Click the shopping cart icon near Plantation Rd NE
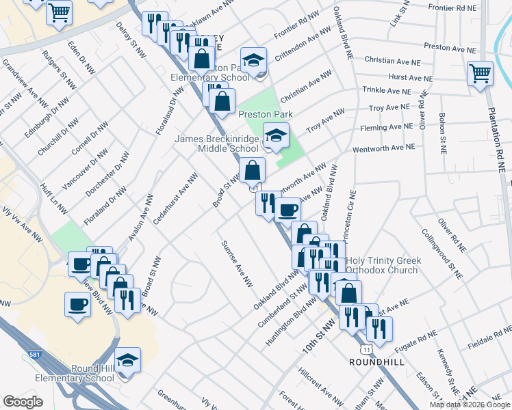tap(480, 72)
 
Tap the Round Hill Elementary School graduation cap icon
tap(128, 359)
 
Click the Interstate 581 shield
tap(34, 355)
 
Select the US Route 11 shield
tap(368, 349)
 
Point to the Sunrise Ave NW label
tap(236, 264)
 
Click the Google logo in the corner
tap(23, 402)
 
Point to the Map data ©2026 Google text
tap(470, 404)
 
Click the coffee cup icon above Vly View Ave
tap(77, 303)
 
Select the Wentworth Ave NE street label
tap(383, 148)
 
